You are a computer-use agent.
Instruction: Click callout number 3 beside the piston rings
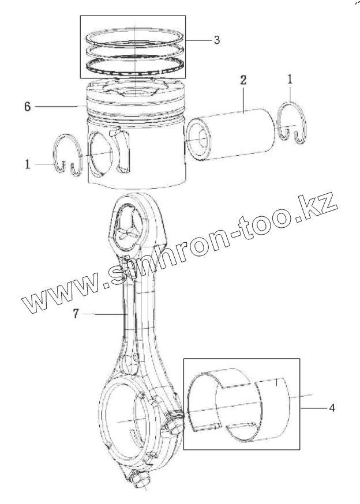click(x=216, y=40)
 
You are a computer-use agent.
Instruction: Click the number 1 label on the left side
click(x=27, y=164)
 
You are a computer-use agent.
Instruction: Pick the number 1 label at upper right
click(x=290, y=77)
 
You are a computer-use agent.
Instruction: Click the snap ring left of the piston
click(x=65, y=153)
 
